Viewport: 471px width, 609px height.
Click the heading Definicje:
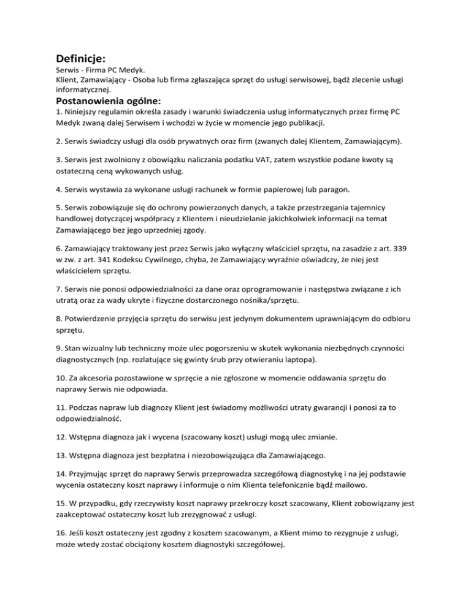pos(81,59)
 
